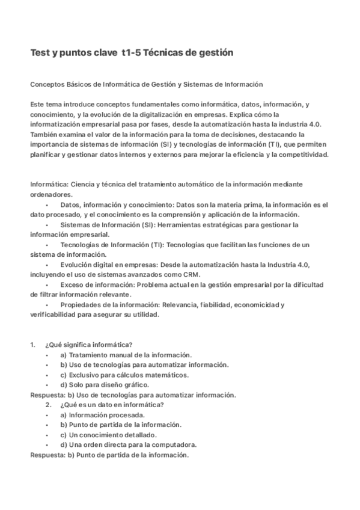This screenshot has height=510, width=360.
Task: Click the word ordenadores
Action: pos(52,194)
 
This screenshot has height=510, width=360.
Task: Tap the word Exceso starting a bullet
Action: pos(73,284)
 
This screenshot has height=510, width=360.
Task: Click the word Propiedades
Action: pos(81,305)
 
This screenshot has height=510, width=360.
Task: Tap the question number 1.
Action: pos(32,345)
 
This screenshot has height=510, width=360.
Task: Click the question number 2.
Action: pos(48,405)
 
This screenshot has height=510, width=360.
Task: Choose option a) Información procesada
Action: pos(102,415)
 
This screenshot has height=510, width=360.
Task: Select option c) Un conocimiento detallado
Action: pos(108,435)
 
